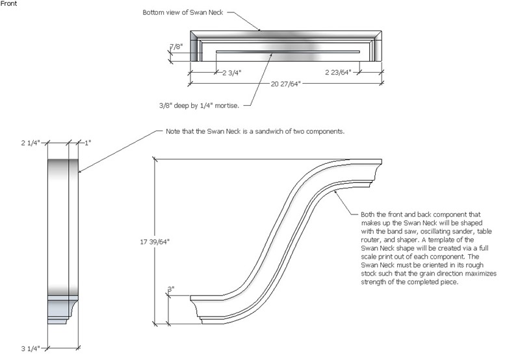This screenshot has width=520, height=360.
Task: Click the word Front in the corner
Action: point(10,5)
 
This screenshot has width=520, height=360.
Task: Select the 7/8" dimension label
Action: point(175,47)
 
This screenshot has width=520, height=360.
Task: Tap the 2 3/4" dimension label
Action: point(231,73)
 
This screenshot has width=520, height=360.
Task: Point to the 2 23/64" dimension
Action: point(338,73)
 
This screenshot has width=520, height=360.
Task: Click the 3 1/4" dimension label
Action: point(31,349)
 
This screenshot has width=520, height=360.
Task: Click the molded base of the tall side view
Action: point(64,309)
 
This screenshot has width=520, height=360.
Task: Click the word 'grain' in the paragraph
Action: point(421,275)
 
